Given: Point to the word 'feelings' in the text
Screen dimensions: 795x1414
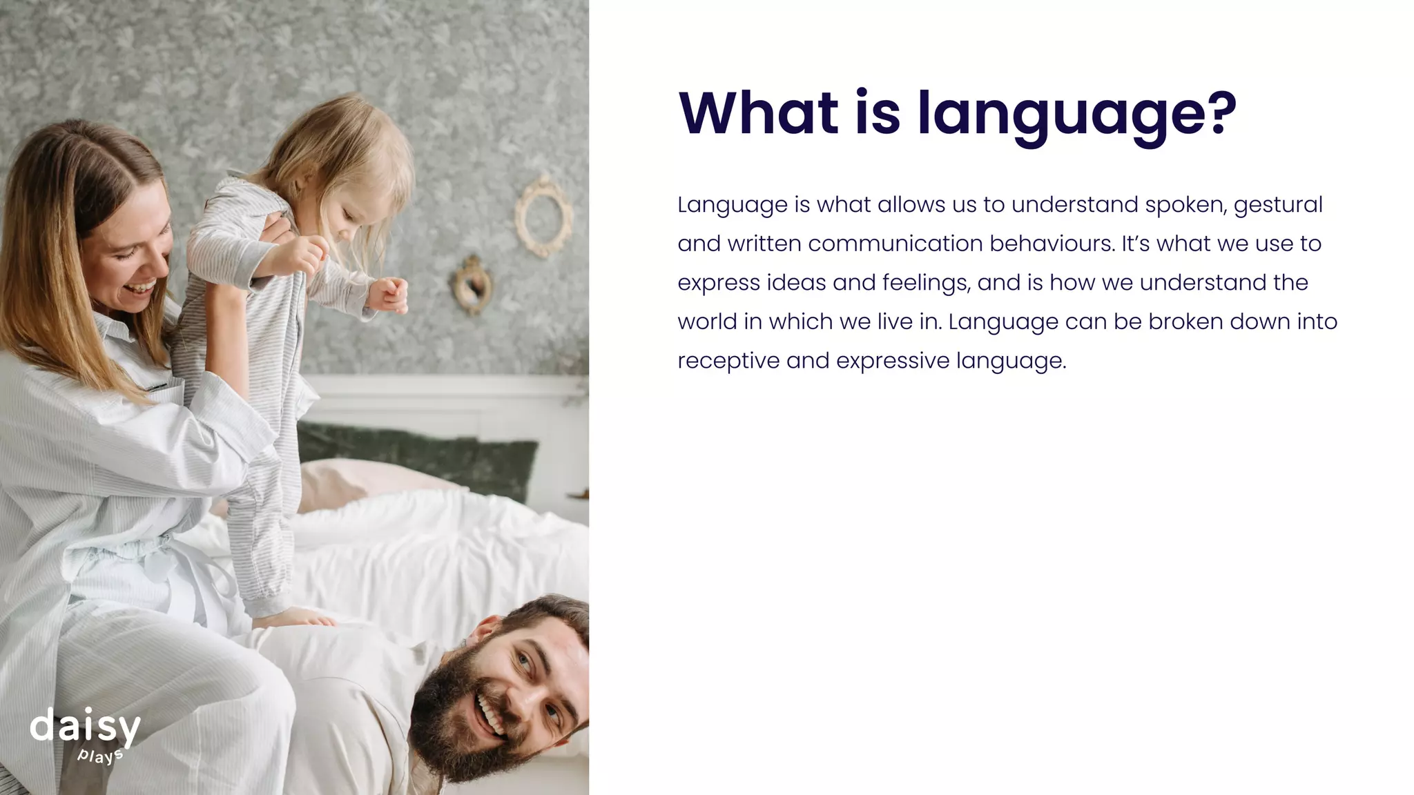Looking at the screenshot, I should point(916,283).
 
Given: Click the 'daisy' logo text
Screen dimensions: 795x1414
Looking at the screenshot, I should point(85,727).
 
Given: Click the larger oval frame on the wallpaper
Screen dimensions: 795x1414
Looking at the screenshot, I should point(543,215).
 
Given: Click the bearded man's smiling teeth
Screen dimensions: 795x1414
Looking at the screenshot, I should point(492,715).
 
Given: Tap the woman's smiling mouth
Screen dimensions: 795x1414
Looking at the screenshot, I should point(144,285).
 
